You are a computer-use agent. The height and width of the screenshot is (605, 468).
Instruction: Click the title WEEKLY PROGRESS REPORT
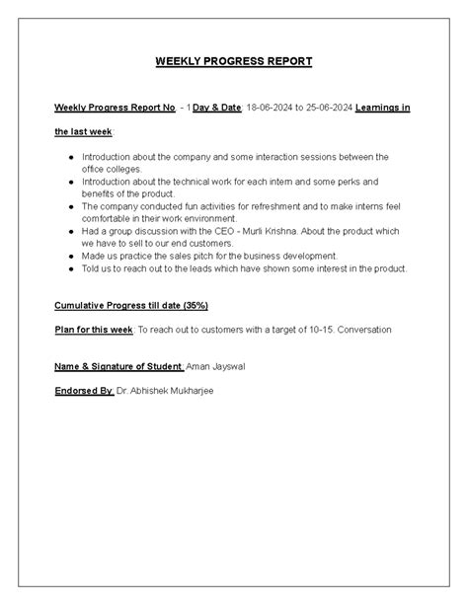[x=234, y=61]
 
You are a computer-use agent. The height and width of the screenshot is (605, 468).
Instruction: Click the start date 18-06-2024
[x=272, y=106]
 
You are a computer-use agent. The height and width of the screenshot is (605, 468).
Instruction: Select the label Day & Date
[x=218, y=106]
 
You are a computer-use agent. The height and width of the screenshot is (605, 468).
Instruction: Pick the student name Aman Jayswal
[x=213, y=367]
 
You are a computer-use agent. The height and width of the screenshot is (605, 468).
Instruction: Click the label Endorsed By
[x=84, y=391]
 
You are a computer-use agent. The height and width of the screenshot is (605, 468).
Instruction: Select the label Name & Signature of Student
[x=118, y=367]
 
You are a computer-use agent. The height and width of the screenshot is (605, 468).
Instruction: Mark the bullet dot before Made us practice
[x=72, y=256]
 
